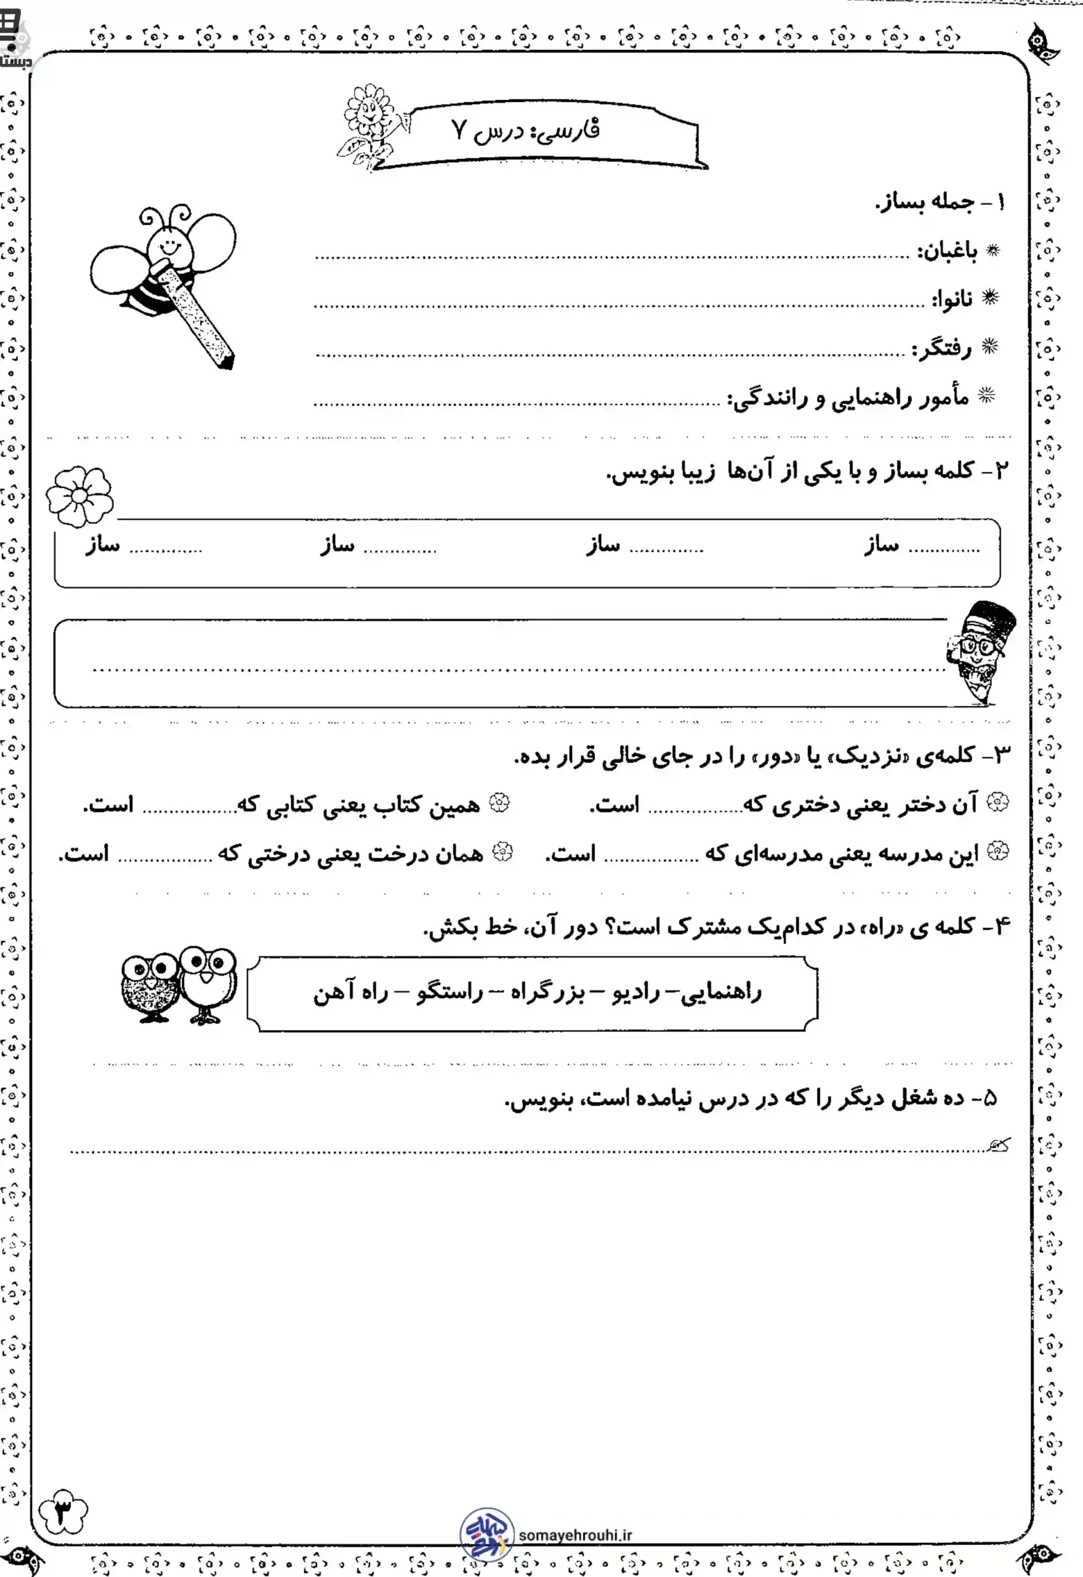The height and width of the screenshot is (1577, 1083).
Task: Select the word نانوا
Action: (x=951, y=299)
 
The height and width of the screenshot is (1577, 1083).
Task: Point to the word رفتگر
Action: (x=941, y=349)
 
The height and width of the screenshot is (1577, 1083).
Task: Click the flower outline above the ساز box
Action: (x=79, y=497)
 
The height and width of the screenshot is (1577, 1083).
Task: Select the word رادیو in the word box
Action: (x=636, y=993)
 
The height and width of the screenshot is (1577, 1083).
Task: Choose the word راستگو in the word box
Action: (x=449, y=993)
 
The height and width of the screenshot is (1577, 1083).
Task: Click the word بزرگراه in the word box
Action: (x=547, y=993)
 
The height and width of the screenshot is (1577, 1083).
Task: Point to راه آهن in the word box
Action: (x=350, y=993)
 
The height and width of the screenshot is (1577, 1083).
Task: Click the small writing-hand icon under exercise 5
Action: (x=999, y=1146)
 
